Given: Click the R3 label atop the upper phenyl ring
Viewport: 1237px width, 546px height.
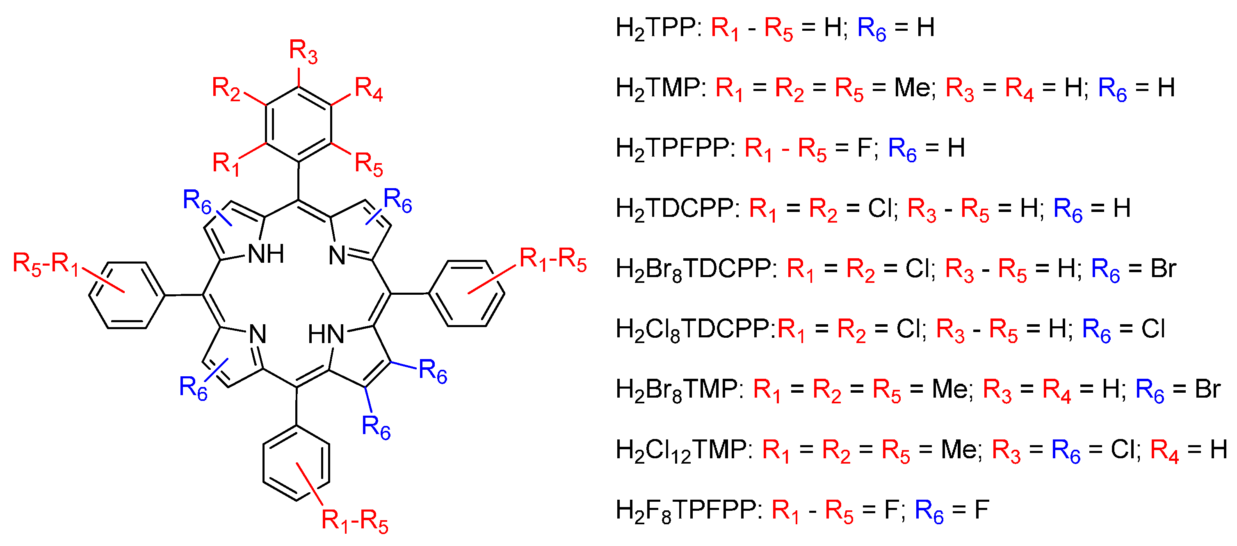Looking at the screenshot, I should (303, 52).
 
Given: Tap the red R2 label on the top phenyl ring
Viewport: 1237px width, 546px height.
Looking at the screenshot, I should (226, 89).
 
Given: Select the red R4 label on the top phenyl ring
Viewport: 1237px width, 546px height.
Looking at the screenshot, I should (368, 89).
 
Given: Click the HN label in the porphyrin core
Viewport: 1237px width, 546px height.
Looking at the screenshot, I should (326, 334).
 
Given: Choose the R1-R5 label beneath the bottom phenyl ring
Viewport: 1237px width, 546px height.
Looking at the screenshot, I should (354, 521).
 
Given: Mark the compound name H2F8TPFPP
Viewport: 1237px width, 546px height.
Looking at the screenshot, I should (686, 510).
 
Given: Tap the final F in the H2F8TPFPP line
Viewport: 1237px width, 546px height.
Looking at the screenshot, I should (981, 510).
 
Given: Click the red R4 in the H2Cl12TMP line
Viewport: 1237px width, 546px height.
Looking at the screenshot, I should (1164, 450).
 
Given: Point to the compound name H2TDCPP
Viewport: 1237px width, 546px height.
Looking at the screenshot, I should (674, 209).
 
